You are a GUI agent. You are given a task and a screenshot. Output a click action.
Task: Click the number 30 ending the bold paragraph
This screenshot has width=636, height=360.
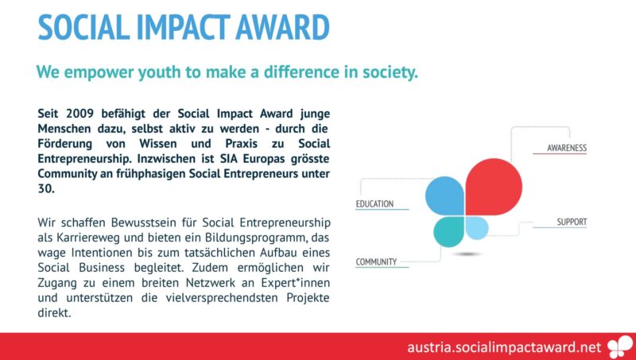click(x=46, y=189)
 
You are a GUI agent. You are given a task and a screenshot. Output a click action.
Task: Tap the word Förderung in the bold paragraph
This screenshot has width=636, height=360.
click(x=65, y=144)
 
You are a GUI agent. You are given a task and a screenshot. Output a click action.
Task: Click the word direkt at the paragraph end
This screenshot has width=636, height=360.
click(x=54, y=313)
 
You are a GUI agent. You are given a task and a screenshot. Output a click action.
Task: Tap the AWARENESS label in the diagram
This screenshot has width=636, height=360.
click(x=567, y=148)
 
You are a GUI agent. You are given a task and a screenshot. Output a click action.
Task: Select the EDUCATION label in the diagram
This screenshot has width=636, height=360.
click(x=374, y=204)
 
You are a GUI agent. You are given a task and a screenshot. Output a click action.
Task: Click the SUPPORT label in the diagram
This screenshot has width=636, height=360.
click(x=572, y=222)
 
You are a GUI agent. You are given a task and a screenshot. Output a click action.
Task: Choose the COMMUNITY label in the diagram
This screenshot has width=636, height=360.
click(x=376, y=262)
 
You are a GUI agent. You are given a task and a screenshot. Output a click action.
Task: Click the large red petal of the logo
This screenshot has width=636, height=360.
click(x=493, y=187)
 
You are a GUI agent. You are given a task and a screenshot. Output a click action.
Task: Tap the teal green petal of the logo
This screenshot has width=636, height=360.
click(x=448, y=231)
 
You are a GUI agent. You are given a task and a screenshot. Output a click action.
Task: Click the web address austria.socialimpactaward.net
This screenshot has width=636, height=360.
click(x=504, y=347)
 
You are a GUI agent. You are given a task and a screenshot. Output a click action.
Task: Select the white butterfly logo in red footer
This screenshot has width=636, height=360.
click(x=621, y=347)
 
